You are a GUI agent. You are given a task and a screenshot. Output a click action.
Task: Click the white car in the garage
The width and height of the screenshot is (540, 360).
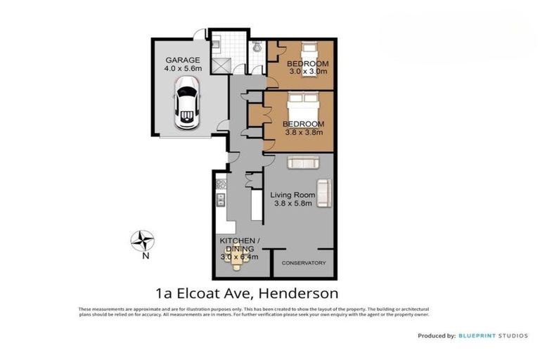pos(186,102)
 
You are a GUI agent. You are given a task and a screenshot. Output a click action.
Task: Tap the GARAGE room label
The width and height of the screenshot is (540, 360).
pos(183,60)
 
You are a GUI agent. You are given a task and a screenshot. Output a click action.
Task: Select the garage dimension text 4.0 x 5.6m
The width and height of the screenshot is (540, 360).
pos(183,69)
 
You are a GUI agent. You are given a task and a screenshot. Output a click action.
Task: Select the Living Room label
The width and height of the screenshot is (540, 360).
pos(292,195)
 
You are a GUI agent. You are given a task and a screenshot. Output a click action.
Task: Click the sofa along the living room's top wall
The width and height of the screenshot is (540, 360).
pos(303,162)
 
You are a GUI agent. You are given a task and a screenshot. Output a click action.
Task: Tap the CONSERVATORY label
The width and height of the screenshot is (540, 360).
pos(304,263)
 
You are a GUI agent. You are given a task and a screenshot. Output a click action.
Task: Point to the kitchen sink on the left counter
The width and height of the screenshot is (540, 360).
pos(220,200)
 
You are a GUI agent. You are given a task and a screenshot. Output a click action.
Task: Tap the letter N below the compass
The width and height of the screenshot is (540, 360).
pos(146,257)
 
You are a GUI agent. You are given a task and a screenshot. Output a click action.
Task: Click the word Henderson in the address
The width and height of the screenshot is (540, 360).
pos(300,292)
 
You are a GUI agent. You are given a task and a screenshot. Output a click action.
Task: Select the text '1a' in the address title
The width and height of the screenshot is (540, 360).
pos(163,292)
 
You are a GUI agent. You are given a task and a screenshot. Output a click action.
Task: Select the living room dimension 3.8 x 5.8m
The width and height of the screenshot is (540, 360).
pos(292,205)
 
